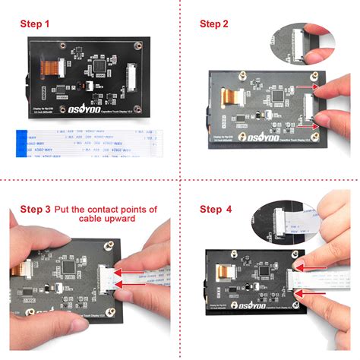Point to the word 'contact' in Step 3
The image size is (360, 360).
(x=113, y=208)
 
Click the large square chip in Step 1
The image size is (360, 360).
(x=97, y=71)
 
